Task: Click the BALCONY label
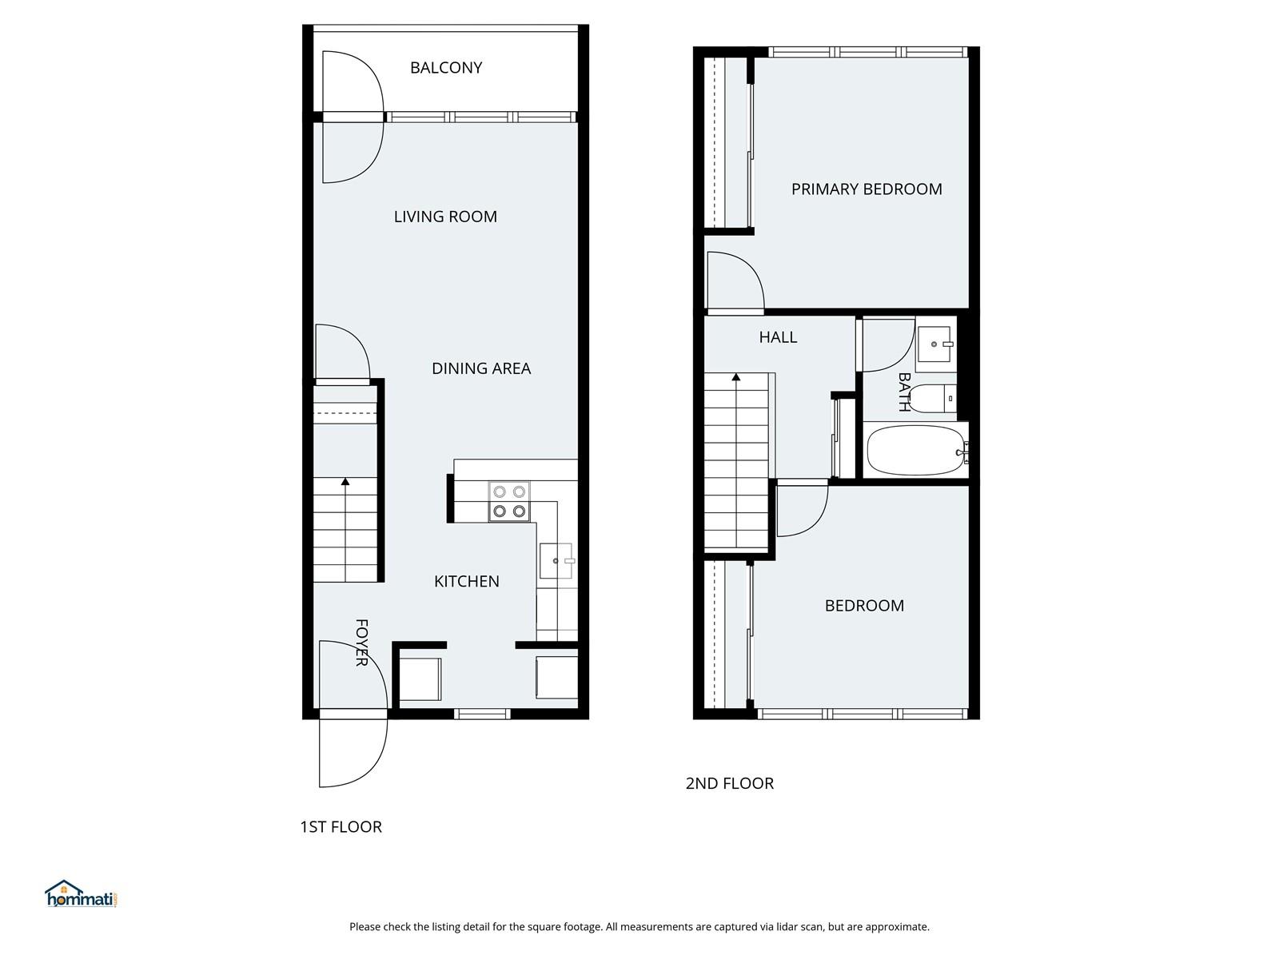[x=446, y=68]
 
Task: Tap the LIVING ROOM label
[x=445, y=217]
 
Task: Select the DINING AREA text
[x=480, y=368]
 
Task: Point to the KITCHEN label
[x=466, y=581]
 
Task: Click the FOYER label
[x=361, y=643]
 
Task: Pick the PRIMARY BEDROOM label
[x=867, y=189]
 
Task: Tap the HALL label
[x=778, y=337]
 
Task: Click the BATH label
[x=904, y=392]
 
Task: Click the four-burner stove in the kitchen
[x=509, y=501]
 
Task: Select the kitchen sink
[x=556, y=561]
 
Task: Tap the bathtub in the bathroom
[x=916, y=450]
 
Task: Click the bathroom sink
[x=936, y=344]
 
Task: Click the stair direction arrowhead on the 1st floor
[x=345, y=482]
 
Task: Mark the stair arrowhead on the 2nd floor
[x=736, y=377]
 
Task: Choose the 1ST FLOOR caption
[x=341, y=827]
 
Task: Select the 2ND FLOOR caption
[x=730, y=783]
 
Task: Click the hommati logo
[x=82, y=893]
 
